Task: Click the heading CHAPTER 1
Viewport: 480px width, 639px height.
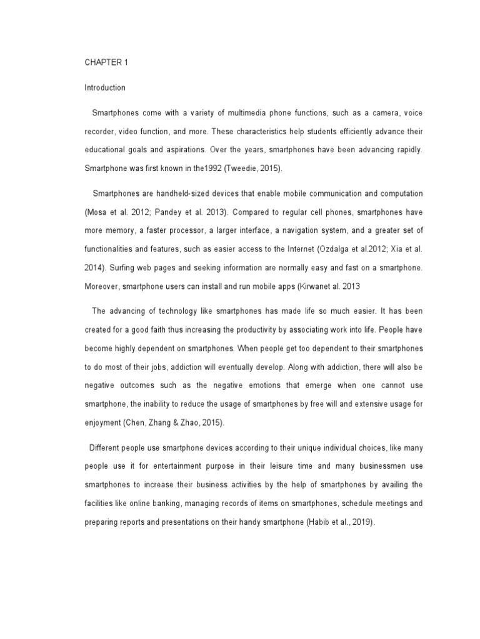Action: [x=104, y=63]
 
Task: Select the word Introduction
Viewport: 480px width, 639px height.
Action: [x=105, y=88]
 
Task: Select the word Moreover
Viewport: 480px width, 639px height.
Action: [x=102, y=285]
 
